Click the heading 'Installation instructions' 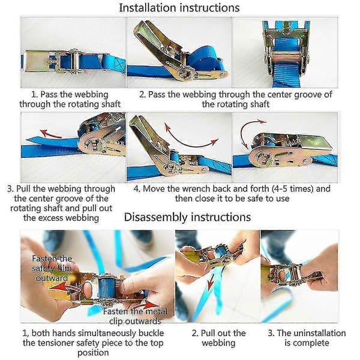click(x=179, y=8)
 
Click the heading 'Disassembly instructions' click(x=187, y=217)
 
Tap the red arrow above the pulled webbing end click(x=50, y=134)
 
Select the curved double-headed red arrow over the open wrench click(x=191, y=139)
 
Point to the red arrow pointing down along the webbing click(x=210, y=281)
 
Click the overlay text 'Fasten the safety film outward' click(x=52, y=268)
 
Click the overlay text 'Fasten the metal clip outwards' click(x=135, y=316)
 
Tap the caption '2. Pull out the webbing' click(x=218, y=338)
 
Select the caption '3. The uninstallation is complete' click(x=307, y=338)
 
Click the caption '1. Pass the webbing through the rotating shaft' click(x=70, y=99)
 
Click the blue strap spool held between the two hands click(x=107, y=287)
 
